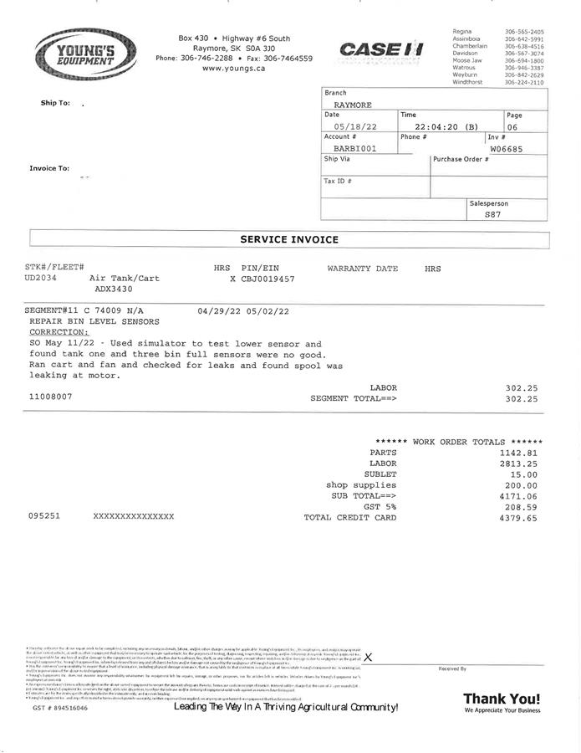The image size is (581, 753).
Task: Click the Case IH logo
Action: point(381,50)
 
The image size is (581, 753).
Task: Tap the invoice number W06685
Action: point(507,148)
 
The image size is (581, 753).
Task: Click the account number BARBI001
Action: point(354,148)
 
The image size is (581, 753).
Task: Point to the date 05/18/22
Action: point(355,127)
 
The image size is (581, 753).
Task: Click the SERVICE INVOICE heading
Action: point(289,239)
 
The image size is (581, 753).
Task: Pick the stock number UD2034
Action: point(41,278)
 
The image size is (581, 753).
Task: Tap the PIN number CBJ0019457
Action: point(268,278)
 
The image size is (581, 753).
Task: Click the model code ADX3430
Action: point(113,289)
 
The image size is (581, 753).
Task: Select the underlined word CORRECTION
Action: point(59,332)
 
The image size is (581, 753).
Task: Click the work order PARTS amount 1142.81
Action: point(518,453)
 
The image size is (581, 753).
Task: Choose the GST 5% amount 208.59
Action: point(521,507)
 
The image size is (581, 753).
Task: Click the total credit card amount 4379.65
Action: point(518,518)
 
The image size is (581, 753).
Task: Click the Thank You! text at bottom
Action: point(502,699)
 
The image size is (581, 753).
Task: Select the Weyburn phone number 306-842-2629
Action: point(524,75)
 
